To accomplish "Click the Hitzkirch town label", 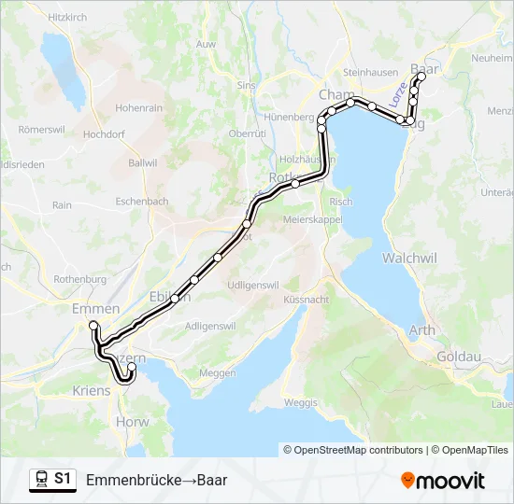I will tap(66, 17).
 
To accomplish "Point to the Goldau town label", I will tap(457, 357).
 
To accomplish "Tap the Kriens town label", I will tap(91, 390).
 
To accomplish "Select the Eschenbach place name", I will tap(142, 201).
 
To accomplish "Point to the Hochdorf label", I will tap(105, 134).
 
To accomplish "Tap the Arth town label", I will tap(422, 330).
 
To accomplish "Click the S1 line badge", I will tap(63, 479).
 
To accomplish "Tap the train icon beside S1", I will tap(41, 479).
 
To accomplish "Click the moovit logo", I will tap(443, 481).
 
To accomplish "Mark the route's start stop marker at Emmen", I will tap(93, 325).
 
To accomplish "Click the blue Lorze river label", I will tap(399, 93).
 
